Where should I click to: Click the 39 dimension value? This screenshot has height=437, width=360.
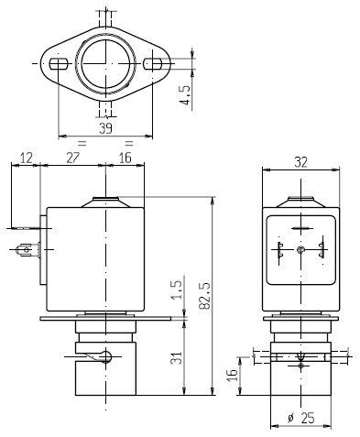coord(105,128)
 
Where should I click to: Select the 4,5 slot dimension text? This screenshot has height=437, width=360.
coord(185,95)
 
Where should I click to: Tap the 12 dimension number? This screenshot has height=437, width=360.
coord(27,158)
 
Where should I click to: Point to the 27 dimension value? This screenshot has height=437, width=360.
coord(72,158)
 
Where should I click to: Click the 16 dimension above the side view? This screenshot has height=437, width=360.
coord(125,158)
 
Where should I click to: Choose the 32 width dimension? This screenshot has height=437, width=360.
coord(300,162)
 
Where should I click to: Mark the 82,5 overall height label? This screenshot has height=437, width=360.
coord(205,296)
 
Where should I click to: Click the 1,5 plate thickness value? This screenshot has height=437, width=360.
coord(177,290)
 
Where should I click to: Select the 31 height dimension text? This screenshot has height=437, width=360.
coord(177,357)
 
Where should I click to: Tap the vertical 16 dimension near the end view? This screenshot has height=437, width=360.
coord(232,375)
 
